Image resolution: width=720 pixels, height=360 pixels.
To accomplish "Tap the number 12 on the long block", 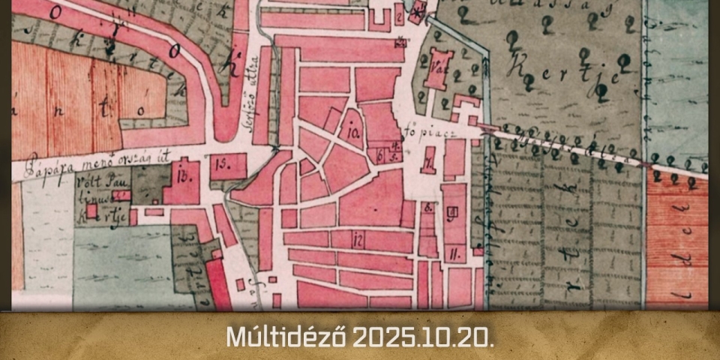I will (x=358, y=240).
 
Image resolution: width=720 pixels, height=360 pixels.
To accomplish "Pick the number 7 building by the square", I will (x=428, y=161).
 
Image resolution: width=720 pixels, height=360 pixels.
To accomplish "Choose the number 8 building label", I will (x=427, y=208).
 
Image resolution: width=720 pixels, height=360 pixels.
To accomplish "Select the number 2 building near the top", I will (x=400, y=16).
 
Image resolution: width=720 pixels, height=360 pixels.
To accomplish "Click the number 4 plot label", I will (x=394, y=148).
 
